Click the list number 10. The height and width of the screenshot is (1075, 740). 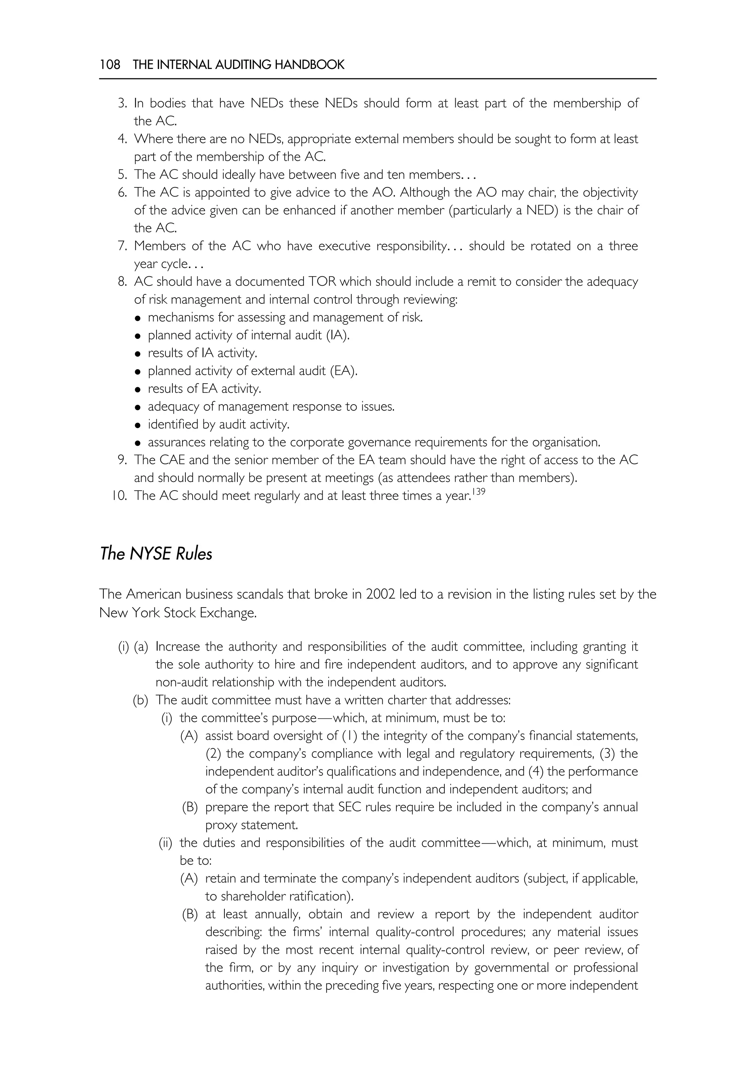119,496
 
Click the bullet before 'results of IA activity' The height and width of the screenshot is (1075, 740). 138,354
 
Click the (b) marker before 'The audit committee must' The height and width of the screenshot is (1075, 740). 141,700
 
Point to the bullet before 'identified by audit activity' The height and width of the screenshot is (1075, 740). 138,425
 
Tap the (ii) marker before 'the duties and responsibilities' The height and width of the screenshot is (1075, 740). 165,842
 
